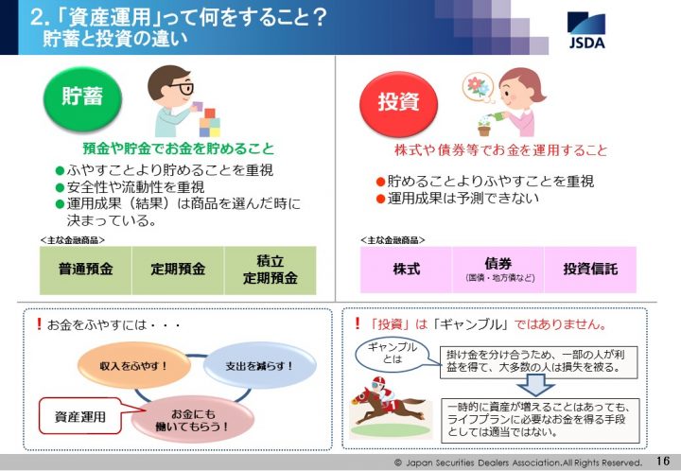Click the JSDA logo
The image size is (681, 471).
tap(586, 29)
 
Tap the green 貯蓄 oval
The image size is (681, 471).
tap(82, 98)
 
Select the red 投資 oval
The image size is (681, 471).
tap(399, 104)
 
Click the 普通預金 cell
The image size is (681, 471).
tap(85, 270)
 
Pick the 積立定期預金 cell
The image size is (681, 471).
tap(271, 270)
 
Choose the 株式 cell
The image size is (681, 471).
tap(406, 270)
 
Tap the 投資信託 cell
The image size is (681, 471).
tap(590, 270)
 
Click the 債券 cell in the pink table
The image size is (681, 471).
tap(498, 270)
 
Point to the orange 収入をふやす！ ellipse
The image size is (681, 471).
tap(134, 365)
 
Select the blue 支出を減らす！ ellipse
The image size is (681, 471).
tap(260, 365)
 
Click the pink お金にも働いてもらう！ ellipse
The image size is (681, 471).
tap(192, 420)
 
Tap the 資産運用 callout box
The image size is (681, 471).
tap(80, 416)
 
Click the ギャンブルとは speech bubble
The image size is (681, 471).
tap(393, 354)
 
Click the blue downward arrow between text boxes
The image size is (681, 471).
tap(535, 384)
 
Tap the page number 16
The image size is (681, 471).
tap(663, 461)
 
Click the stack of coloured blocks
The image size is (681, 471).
tap(209, 122)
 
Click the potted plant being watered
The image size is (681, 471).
tap(484, 127)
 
